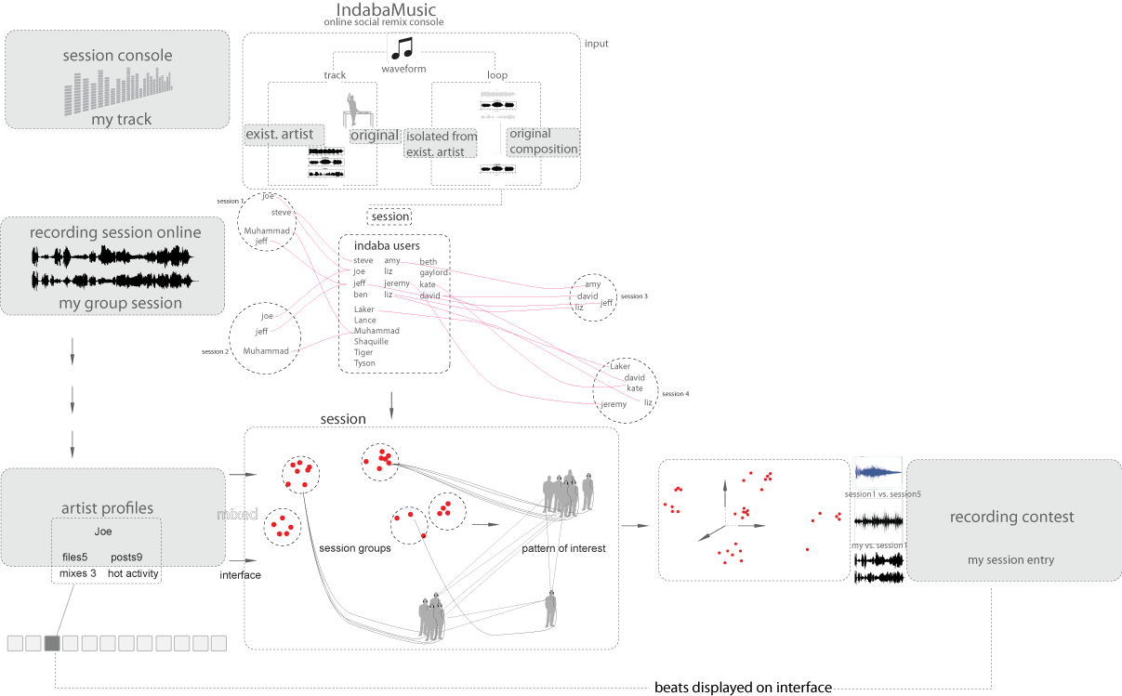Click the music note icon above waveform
click(x=402, y=50)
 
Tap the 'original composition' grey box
click(x=543, y=141)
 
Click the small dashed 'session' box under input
click(x=390, y=217)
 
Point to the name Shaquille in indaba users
click(x=371, y=342)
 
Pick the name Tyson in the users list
click(x=364, y=363)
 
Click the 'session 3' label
click(x=634, y=296)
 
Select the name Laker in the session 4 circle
click(x=620, y=366)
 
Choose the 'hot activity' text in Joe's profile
click(x=132, y=574)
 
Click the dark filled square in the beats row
click(x=52, y=642)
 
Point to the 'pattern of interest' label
click(x=563, y=548)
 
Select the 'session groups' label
click(x=354, y=548)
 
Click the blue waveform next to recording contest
click(x=878, y=470)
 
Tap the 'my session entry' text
click(x=1010, y=559)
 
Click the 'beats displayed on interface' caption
click(x=743, y=688)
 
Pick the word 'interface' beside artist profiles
click(x=240, y=575)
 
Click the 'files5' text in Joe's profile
click(x=74, y=558)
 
